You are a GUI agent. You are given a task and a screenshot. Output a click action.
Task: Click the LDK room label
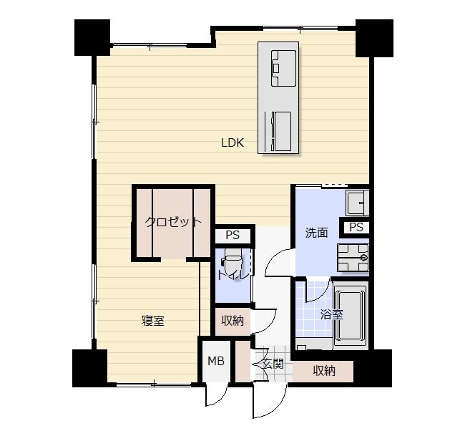[232, 143]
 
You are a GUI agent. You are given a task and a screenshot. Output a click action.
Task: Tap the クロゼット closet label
[173, 222]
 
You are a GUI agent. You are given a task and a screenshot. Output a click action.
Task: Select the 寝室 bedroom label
[153, 321]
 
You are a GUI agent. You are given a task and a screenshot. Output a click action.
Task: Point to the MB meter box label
[216, 361]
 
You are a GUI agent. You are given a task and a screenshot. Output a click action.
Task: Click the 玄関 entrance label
[273, 364]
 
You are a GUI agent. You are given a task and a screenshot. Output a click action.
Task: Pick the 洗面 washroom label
[317, 233]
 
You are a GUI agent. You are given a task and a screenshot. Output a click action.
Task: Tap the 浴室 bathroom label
[331, 315]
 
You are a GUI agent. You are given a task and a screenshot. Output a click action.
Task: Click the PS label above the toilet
[232, 236]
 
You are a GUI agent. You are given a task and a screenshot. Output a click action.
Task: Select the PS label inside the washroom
[356, 228]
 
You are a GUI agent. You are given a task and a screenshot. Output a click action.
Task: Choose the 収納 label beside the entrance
[324, 370]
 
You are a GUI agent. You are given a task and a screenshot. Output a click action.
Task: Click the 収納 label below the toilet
[232, 321]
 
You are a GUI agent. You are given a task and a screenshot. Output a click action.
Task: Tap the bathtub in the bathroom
[351, 315]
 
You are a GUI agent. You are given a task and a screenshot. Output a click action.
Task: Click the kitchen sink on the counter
[283, 131]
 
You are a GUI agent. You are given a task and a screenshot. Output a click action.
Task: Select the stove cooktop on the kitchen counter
[283, 68]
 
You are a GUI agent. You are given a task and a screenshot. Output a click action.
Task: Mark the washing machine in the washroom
[353, 258]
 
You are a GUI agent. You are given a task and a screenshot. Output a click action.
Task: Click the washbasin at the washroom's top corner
[358, 203]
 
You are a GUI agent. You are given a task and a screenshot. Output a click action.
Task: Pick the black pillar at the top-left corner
[92, 38]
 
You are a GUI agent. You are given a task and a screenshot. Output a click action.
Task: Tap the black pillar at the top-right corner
[374, 38]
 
